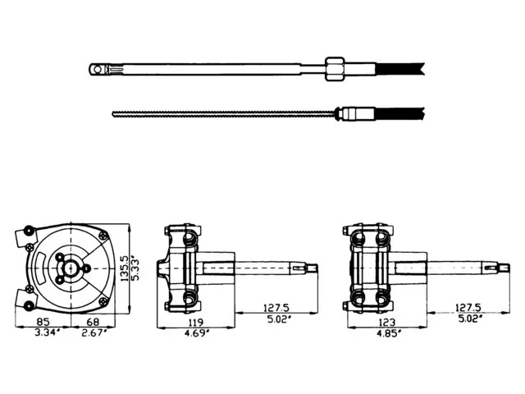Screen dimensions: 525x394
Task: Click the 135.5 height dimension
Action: [124, 268]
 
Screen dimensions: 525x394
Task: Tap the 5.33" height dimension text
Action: [135, 269]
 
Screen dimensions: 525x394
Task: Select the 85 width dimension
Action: [43, 322]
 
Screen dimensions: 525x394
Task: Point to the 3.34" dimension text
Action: [48, 332]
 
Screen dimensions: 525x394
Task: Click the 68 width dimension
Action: [93, 322]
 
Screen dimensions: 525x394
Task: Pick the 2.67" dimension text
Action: [94, 332]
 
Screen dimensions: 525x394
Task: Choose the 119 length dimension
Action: [196, 323]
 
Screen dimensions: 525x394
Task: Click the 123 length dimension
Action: [387, 323]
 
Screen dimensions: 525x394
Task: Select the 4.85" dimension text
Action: [388, 333]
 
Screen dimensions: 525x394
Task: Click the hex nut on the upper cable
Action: [335, 69]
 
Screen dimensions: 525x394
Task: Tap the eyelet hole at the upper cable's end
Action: [97, 70]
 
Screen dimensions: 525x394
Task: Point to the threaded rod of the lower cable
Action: [223, 114]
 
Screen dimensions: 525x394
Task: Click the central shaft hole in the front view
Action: [71, 268]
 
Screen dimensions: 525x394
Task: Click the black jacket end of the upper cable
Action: [399, 69]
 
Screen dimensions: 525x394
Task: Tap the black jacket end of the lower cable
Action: [399, 114]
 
